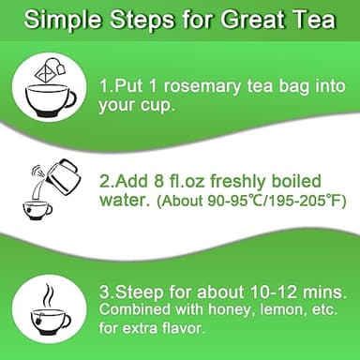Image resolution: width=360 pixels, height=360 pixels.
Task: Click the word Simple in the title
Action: tap(65, 19)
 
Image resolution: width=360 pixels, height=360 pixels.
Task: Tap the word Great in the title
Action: tap(239, 19)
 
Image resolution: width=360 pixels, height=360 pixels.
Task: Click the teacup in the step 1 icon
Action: tap(49, 96)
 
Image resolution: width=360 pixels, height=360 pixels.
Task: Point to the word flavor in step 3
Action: tap(183, 328)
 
